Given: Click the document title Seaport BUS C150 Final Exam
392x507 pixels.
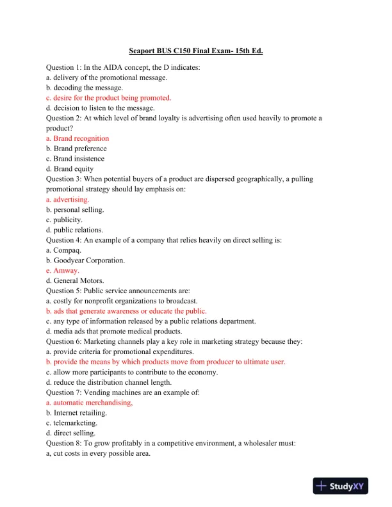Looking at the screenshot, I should (x=196, y=50).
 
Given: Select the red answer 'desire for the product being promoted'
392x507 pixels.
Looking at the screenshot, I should (x=109, y=98).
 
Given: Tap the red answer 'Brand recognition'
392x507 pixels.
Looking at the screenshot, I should (x=78, y=138).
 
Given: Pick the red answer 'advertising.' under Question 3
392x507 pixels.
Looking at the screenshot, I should (x=72, y=200).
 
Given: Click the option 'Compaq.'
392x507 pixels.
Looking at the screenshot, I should (x=67, y=250).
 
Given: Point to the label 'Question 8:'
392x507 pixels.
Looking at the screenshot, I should (x=67, y=444).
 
